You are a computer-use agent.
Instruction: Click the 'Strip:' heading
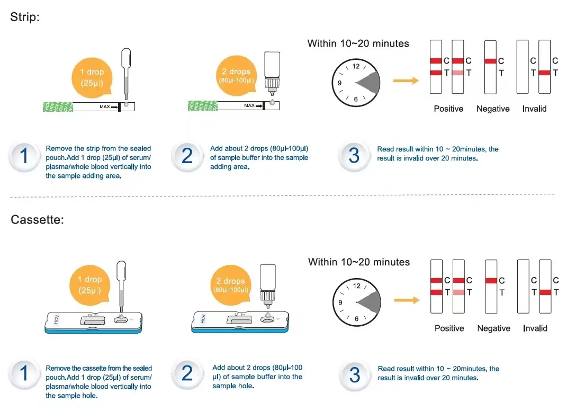pos(25,17)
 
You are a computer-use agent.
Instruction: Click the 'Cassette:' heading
pos(37,220)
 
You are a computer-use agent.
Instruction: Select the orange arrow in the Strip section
pos(406,81)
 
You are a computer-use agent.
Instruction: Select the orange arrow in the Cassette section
pos(406,300)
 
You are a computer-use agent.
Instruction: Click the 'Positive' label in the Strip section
pos(448,109)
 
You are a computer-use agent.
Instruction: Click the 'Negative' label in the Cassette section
pos(493,328)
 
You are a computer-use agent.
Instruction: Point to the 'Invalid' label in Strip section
pos(534,109)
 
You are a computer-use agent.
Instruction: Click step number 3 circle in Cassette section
pos(355,375)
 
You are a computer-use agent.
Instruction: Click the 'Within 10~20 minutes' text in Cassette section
pos(359,262)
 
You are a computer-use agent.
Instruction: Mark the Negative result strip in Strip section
pos(490,68)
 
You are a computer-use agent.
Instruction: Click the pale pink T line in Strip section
pos(458,73)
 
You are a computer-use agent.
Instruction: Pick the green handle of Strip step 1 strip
pos(56,107)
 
